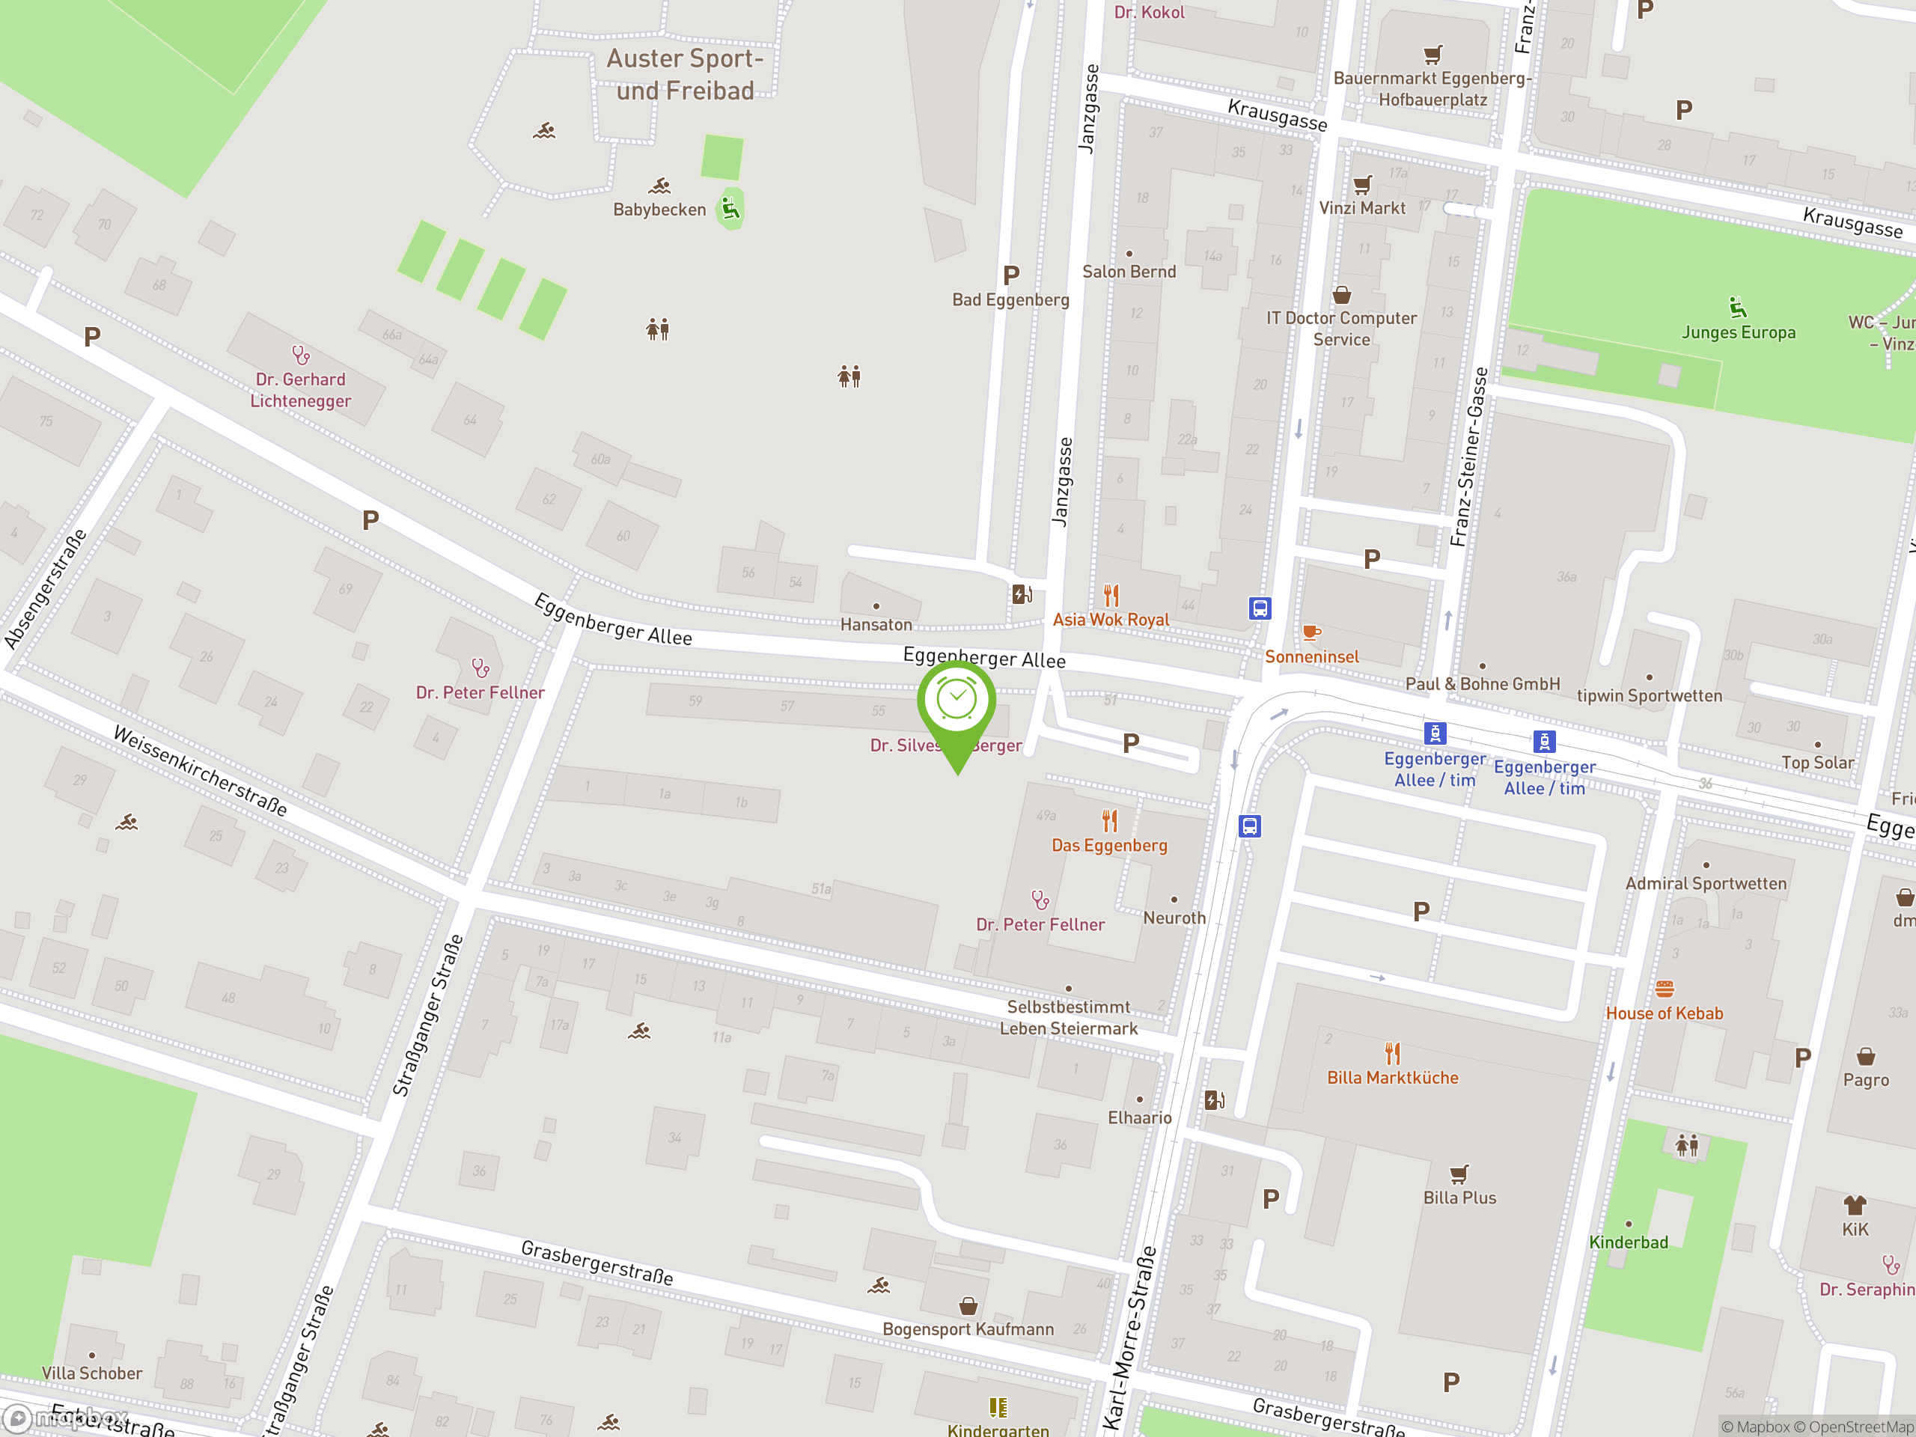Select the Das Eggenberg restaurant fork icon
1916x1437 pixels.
click(x=1110, y=820)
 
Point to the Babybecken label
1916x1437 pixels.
click(x=659, y=210)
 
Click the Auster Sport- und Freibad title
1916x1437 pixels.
click(x=684, y=75)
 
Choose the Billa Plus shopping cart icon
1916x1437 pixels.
click(x=1459, y=1174)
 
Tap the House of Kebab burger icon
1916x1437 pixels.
click(x=1664, y=989)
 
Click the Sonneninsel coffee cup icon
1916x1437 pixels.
click(x=1311, y=632)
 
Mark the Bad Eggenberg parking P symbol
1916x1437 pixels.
click(x=1011, y=275)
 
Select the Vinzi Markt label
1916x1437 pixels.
click(x=1361, y=209)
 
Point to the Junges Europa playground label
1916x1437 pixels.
click(x=1738, y=332)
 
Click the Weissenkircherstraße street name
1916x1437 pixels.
click(x=200, y=771)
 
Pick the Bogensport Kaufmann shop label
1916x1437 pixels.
click(x=968, y=1329)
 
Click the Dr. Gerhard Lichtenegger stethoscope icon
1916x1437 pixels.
click(x=301, y=356)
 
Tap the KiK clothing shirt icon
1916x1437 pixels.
click(x=1855, y=1205)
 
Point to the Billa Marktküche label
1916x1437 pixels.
click(x=1392, y=1078)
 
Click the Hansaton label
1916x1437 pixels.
click(x=876, y=624)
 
